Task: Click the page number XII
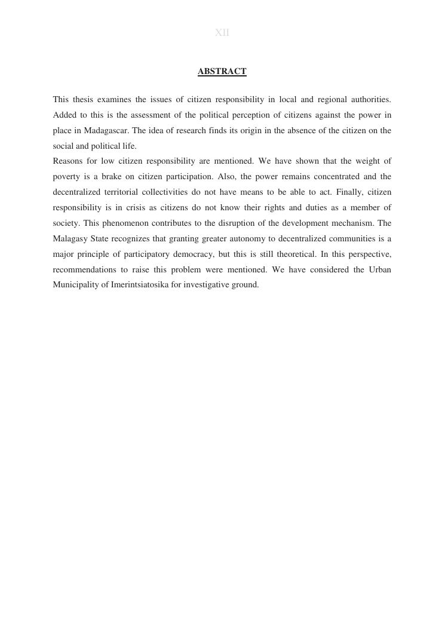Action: (222, 33)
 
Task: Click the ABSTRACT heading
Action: (222, 72)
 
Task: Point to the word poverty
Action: (66, 177)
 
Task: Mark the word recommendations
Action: (84, 270)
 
